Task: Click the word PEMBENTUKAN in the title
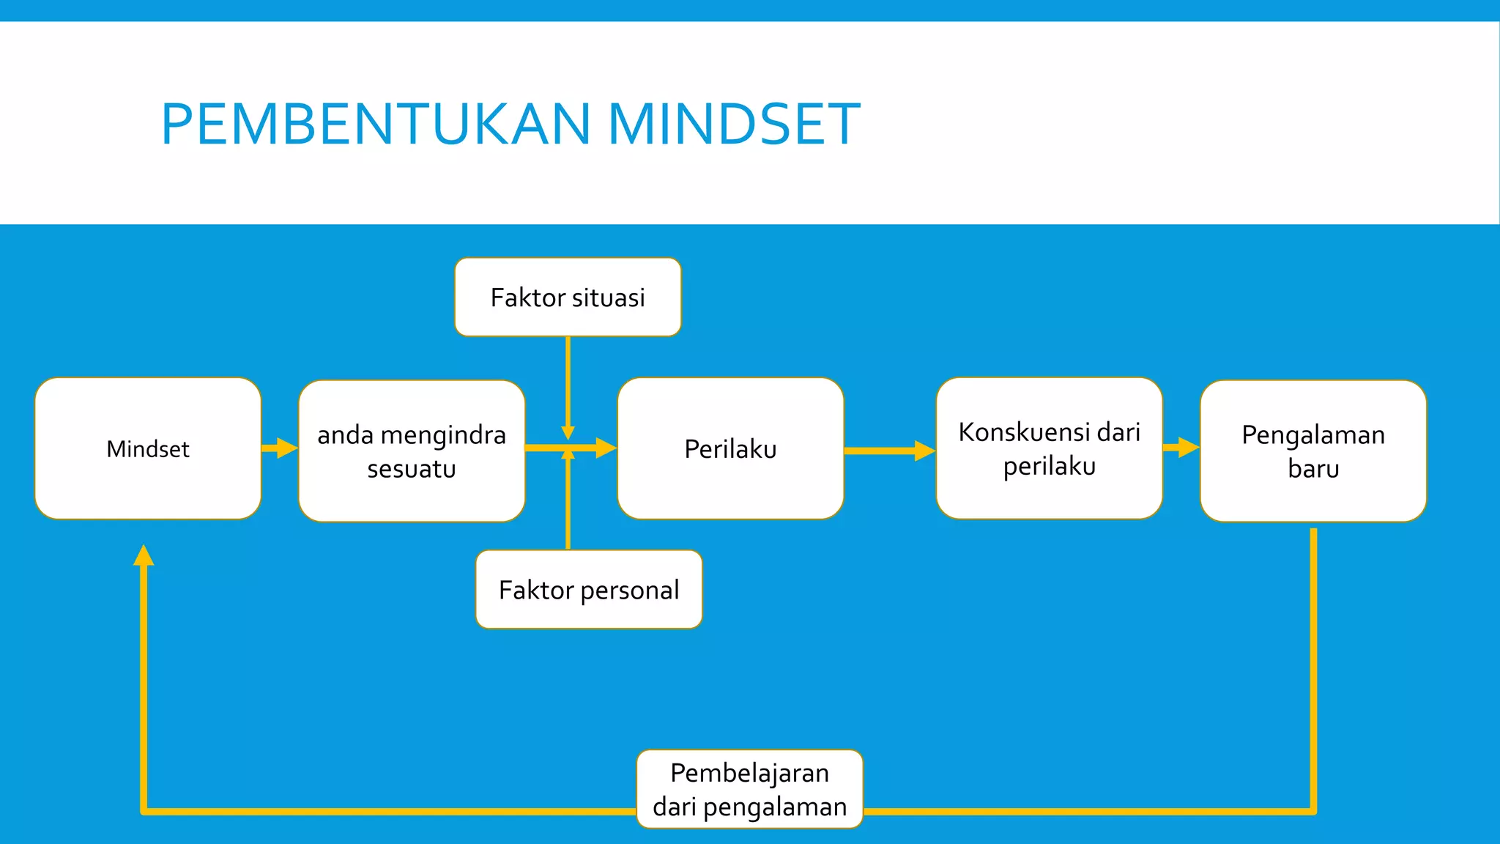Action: click(x=375, y=123)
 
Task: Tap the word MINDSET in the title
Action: click(x=734, y=123)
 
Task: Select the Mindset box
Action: click(x=148, y=448)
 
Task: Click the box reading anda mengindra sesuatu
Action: click(x=412, y=451)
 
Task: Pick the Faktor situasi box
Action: click(x=568, y=297)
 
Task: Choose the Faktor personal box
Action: click(x=589, y=590)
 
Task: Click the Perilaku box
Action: click(x=730, y=448)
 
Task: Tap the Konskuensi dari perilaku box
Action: click(x=1049, y=448)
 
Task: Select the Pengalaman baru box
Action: click(x=1313, y=451)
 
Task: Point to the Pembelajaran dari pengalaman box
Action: click(x=749, y=789)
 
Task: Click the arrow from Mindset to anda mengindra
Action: click(x=280, y=448)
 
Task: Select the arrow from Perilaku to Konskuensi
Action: click(x=889, y=451)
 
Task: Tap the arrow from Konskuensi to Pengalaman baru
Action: click(x=1181, y=446)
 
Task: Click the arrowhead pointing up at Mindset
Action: click(x=144, y=555)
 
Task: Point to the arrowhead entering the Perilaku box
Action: click(x=606, y=448)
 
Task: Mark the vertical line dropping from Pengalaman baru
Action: click(x=1313, y=659)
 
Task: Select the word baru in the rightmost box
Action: click(x=1313, y=468)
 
